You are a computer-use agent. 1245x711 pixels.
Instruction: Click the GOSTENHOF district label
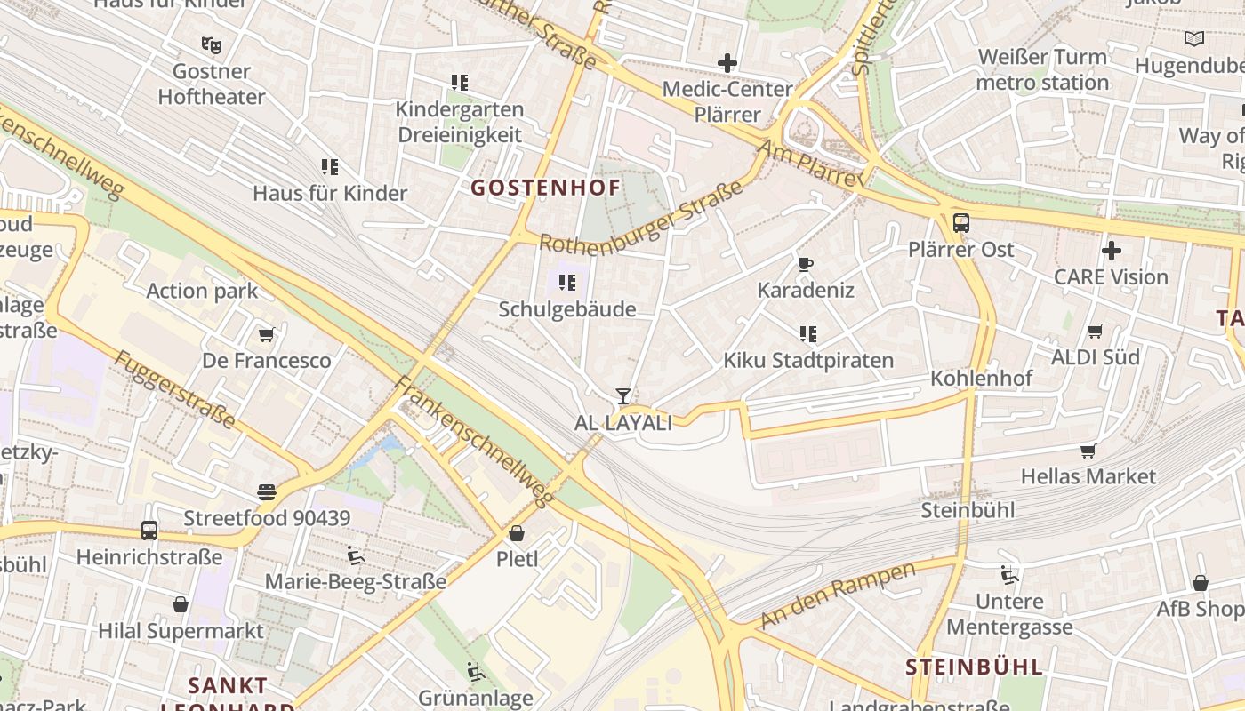pyautogui.click(x=545, y=188)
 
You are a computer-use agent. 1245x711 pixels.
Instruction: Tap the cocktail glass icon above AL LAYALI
pyautogui.click(x=623, y=396)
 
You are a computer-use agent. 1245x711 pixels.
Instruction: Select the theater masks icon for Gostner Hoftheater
pyautogui.click(x=211, y=44)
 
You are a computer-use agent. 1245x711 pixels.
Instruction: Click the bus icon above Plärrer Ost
pyautogui.click(x=961, y=223)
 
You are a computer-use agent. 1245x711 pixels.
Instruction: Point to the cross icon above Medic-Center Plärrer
pyautogui.click(x=727, y=63)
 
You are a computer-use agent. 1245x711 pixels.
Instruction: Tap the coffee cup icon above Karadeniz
pyautogui.click(x=805, y=264)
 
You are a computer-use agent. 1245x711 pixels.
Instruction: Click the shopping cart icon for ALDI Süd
pyautogui.click(x=1096, y=332)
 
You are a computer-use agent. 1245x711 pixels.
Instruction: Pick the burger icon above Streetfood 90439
pyautogui.click(x=267, y=491)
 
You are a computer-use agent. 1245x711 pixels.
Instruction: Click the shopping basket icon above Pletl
pyautogui.click(x=517, y=534)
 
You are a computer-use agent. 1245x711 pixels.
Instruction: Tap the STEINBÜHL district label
pyautogui.click(x=974, y=667)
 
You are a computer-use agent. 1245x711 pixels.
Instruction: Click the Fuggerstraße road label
pyautogui.click(x=174, y=389)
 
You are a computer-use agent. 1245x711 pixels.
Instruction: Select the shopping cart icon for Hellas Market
pyautogui.click(x=1088, y=451)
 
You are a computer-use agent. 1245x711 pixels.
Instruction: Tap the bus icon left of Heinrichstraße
pyautogui.click(x=149, y=531)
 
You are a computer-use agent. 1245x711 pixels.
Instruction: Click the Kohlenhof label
pyautogui.click(x=981, y=379)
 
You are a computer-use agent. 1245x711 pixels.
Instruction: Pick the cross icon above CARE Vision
pyautogui.click(x=1111, y=251)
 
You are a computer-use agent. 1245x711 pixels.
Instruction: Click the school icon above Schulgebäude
pyautogui.click(x=566, y=284)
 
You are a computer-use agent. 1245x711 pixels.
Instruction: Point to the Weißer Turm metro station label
pyautogui.click(x=1042, y=69)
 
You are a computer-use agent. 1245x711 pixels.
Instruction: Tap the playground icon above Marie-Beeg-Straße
pyautogui.click(x=356, y=555)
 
